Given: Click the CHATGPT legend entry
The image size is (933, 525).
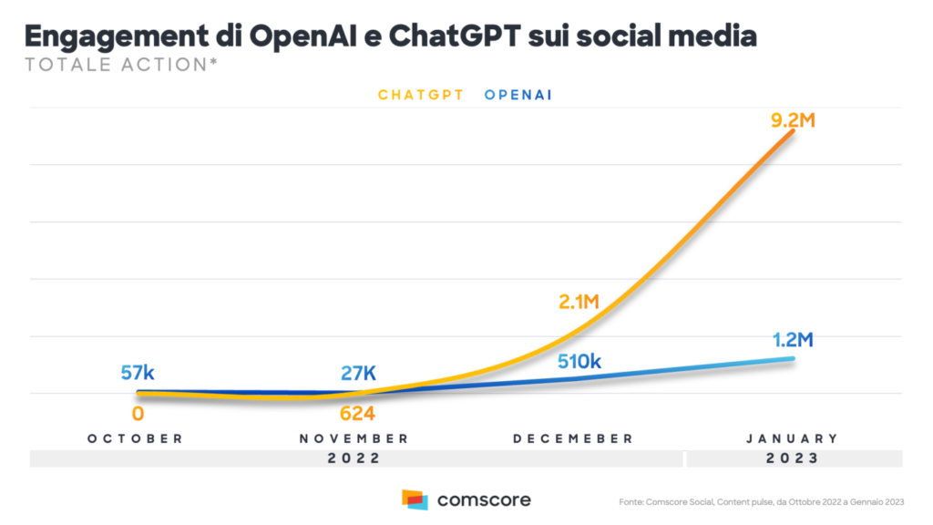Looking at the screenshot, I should coord(420,95).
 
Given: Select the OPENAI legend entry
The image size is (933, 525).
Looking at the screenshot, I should coord(519,95).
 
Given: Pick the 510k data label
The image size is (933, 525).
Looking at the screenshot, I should coord(579,361).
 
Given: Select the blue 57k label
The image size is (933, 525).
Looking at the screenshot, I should coord(138,373).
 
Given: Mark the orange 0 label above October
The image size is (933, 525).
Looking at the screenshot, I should coord(138,414).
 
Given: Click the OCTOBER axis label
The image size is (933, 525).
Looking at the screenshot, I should coord(136,438).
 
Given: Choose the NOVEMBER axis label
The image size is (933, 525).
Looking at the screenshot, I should coord(354,438).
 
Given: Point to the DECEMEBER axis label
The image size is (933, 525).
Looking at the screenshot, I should coord(573,438).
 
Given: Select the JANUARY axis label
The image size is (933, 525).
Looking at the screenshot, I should coord(792,438).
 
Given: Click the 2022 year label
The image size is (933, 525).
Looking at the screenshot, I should coord(354,458).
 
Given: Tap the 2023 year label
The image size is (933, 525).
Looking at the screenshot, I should coord(792,458).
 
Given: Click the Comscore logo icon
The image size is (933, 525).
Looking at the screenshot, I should coord(415,499).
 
